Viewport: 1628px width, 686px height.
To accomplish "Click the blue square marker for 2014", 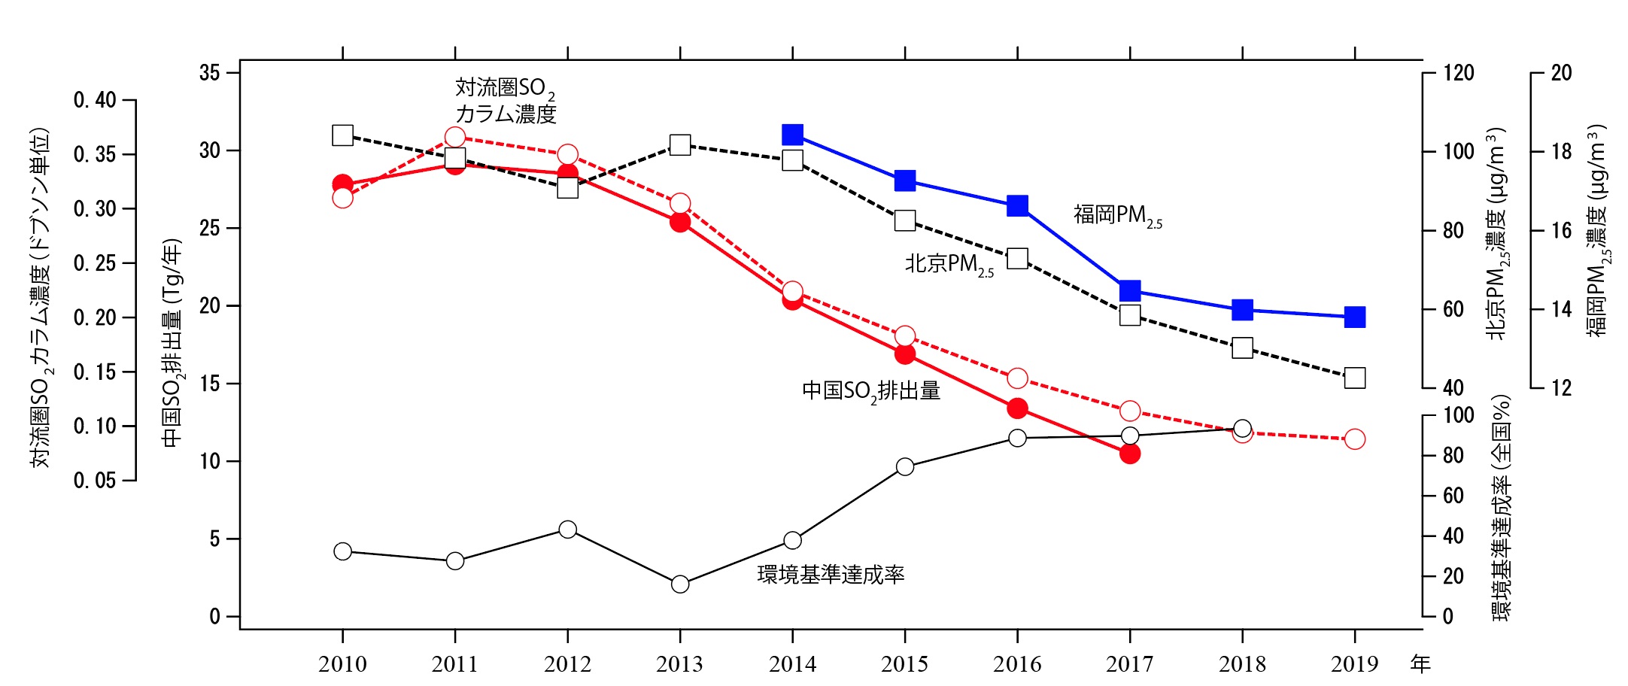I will [x=792, y=135].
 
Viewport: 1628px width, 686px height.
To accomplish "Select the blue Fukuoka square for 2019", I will [x=1354, y=317].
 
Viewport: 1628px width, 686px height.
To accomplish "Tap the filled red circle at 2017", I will [x=1129, y=454].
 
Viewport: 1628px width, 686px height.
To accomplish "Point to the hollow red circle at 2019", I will [x=1354, y=439].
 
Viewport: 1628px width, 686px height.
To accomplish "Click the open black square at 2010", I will [x=342, y=135].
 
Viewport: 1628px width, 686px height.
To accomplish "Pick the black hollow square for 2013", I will [x=680, y=144].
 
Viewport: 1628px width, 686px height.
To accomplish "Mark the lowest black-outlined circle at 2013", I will [x=680, y=584].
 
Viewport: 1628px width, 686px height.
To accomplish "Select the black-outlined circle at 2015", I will [x=905, y=467].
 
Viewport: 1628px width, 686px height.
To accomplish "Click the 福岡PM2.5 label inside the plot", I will [x=1117, y=216].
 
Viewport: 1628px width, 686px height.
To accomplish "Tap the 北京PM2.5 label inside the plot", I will [x=949, y=265].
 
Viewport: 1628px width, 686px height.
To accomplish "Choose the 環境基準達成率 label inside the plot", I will [x=831, y=575].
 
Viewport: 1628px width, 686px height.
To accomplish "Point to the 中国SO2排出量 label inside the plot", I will [x=870, y=391].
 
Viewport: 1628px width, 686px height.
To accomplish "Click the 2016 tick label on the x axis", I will [x=1017, y=664].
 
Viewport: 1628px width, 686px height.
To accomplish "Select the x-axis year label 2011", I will [x=454, y=664].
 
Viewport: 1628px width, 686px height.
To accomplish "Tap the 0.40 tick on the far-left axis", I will [x=94, y=100].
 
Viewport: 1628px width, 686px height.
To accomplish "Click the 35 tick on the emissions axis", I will [x=210, y=73].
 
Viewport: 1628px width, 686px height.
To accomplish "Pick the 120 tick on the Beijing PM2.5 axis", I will [x=1458, y=73].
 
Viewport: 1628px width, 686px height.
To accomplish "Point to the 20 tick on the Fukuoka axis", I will [x=1561, y=73].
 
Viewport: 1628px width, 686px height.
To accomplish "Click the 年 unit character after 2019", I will [x=1420, y=664].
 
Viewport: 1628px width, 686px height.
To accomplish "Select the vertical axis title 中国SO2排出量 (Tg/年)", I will [x=172, y=342].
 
